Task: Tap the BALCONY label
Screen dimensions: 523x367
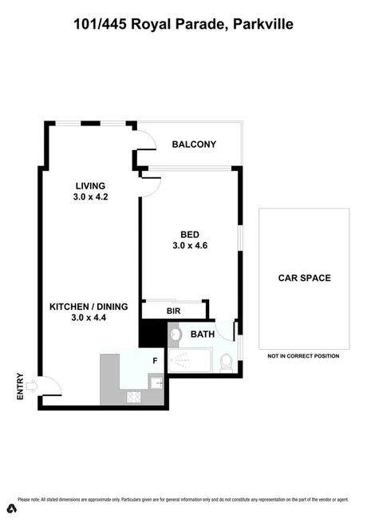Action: pos(195,145)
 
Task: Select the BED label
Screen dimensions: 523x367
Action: pos(190,234)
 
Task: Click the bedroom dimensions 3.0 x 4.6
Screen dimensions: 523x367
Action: pos(190,246)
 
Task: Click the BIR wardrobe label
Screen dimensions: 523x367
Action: pos(173,311)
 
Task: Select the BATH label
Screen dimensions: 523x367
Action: pos(203,335)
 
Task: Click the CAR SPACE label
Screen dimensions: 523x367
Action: pos(304,278)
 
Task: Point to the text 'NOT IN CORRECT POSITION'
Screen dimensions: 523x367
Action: pos(304,356)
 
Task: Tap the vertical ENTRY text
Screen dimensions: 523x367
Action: pos(21,387)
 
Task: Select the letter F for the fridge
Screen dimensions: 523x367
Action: pos(155,361)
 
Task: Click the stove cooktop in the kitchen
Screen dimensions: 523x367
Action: pos(132,396)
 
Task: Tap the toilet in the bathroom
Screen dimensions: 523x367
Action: pos(226,364)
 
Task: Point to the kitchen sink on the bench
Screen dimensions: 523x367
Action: pos(158,384)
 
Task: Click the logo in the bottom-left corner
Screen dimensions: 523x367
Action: pos(12,509)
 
